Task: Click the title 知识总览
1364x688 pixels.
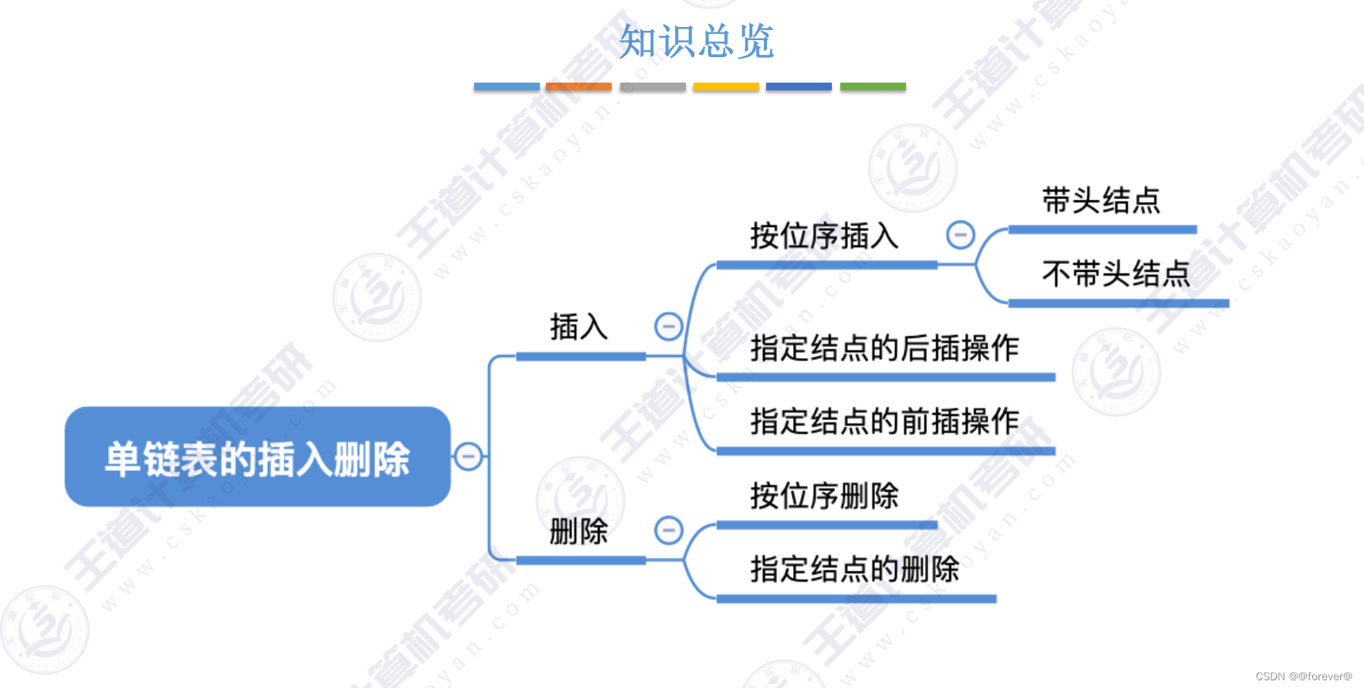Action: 696,41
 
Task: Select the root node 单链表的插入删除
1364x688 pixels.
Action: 257,457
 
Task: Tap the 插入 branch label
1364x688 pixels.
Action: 579,327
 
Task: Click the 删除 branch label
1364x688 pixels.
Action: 579,531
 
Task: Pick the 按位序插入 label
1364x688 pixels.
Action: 824,236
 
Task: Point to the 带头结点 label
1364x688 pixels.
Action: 1101,201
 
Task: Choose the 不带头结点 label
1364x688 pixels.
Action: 1116,274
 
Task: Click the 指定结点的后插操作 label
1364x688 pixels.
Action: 884,348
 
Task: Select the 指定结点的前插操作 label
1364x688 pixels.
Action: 884,422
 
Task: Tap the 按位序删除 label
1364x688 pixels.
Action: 824,496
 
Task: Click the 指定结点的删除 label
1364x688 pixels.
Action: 854,570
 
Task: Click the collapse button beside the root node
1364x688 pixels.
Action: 468,456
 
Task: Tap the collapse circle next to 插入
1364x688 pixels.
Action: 668,327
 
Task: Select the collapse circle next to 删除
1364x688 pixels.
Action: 668,530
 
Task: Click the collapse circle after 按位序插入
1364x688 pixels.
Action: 960,235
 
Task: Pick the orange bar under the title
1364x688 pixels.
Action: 579,87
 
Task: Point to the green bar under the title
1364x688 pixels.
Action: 873,87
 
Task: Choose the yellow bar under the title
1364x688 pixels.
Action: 726,87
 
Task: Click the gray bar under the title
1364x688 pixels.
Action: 653,87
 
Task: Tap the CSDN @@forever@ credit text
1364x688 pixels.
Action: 1304,676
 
